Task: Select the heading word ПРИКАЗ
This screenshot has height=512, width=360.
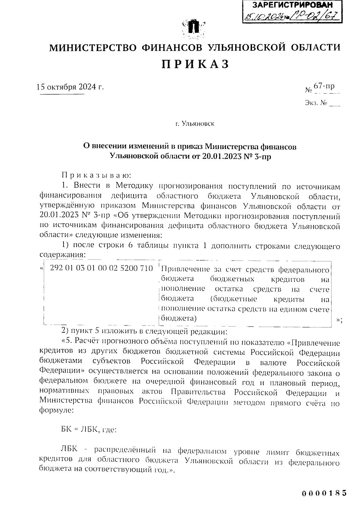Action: [195, 64]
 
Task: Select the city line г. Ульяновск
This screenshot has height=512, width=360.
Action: [195, 124]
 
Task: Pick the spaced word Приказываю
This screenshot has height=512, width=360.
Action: [95, 175]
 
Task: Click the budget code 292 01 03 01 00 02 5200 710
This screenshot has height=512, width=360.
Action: [101, 268]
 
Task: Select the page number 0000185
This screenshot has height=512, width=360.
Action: [324, 493]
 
